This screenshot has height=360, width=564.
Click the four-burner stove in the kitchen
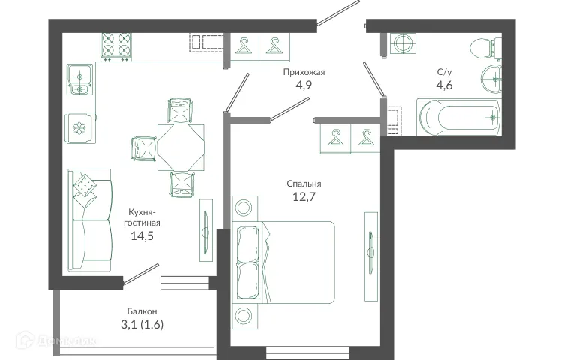point(115,46)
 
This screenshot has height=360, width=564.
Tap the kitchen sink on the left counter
point(79,80)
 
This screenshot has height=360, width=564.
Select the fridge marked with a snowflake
point(79,127)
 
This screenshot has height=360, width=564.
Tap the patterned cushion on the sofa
point(85,185)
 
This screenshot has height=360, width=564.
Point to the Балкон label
point(142,310)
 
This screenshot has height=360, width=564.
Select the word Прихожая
point(304,72)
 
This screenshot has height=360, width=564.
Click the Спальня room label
point(304,183)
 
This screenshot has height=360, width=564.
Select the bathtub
point(458,117)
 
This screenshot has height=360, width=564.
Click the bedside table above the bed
point(244,208)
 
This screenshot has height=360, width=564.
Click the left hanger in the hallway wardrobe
point(244,46)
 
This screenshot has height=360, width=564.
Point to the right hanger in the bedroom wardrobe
point(366,138)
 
